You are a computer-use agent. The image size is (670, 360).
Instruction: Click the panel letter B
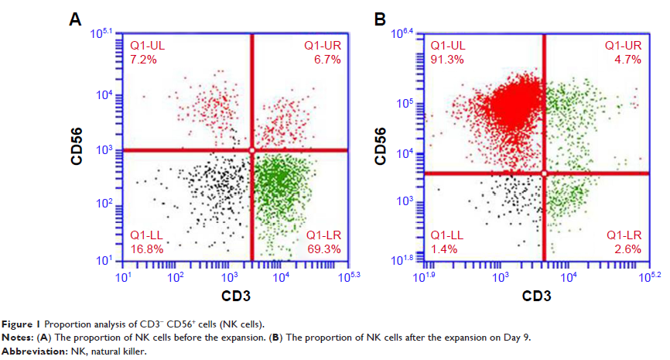pos(380,19)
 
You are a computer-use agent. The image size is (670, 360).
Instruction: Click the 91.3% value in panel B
pos(446,59)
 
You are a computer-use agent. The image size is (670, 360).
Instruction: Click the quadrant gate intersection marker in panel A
pos(251,149)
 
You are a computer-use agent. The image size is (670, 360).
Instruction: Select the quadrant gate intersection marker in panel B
pos(544,173)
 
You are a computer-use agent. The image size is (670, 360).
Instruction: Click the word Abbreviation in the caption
pos(30,351)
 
